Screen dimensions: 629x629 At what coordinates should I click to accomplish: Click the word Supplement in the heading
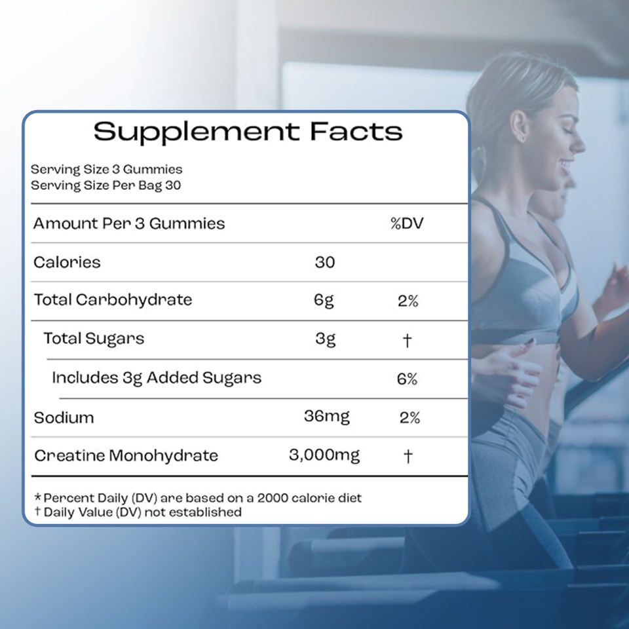pos(197,132)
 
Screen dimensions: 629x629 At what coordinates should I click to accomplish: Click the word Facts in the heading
pos(356,131)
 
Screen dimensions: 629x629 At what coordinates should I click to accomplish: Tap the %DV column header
pos(407,223)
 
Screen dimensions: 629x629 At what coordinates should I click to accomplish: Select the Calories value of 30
pos(325,262)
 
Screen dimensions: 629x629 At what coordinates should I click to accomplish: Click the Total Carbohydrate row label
pos(113,299)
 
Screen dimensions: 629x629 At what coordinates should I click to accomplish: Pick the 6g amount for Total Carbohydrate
pos(324,301)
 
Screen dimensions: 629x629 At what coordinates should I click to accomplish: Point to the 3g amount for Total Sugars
pos(326,339)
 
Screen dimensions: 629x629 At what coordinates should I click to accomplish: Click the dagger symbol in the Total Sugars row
pos(407,341)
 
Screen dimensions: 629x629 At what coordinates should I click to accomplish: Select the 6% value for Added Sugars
pos(407,379)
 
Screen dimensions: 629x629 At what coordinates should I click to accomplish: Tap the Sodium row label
pos(64,418)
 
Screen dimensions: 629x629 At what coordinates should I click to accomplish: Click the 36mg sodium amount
pos(326,417)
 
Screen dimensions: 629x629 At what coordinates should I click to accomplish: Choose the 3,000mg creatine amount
pos(324,455)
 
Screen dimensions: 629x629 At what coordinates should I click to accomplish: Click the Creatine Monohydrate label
pos(126,456)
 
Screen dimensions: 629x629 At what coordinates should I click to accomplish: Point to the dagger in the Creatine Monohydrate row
pos(408,456)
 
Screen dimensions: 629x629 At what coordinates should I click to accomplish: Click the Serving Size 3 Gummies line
pos(106,169)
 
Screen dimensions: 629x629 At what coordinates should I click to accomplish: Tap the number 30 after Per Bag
pos(173,185)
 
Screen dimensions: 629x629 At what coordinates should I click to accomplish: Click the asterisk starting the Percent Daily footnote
pos(38,497)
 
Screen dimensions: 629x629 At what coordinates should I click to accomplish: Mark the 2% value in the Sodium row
pos(410,418)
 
